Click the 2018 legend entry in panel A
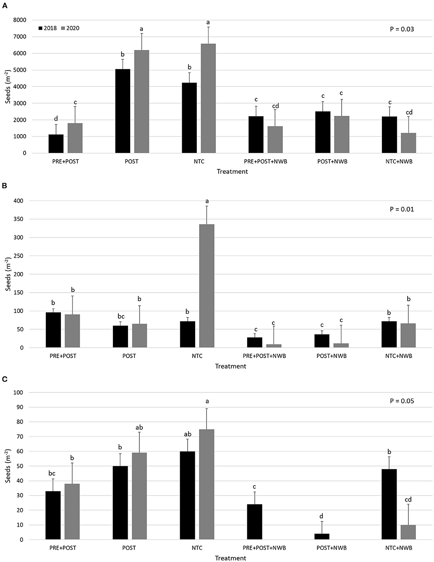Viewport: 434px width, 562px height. coord(47,28)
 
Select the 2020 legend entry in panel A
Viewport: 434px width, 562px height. coord(69,28)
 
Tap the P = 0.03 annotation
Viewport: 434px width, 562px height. coord(402,29)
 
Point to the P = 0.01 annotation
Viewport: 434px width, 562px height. coord(402,209)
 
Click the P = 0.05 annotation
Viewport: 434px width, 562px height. coord(402,401)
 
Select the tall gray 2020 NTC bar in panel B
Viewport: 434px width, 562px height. coord(207,286)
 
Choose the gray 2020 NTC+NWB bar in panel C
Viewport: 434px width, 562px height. coord(408,532)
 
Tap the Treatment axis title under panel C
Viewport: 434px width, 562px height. coord(230,558)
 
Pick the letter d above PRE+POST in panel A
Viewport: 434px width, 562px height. coord(56,119)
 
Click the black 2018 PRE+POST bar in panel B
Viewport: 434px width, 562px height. coord(53,330)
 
